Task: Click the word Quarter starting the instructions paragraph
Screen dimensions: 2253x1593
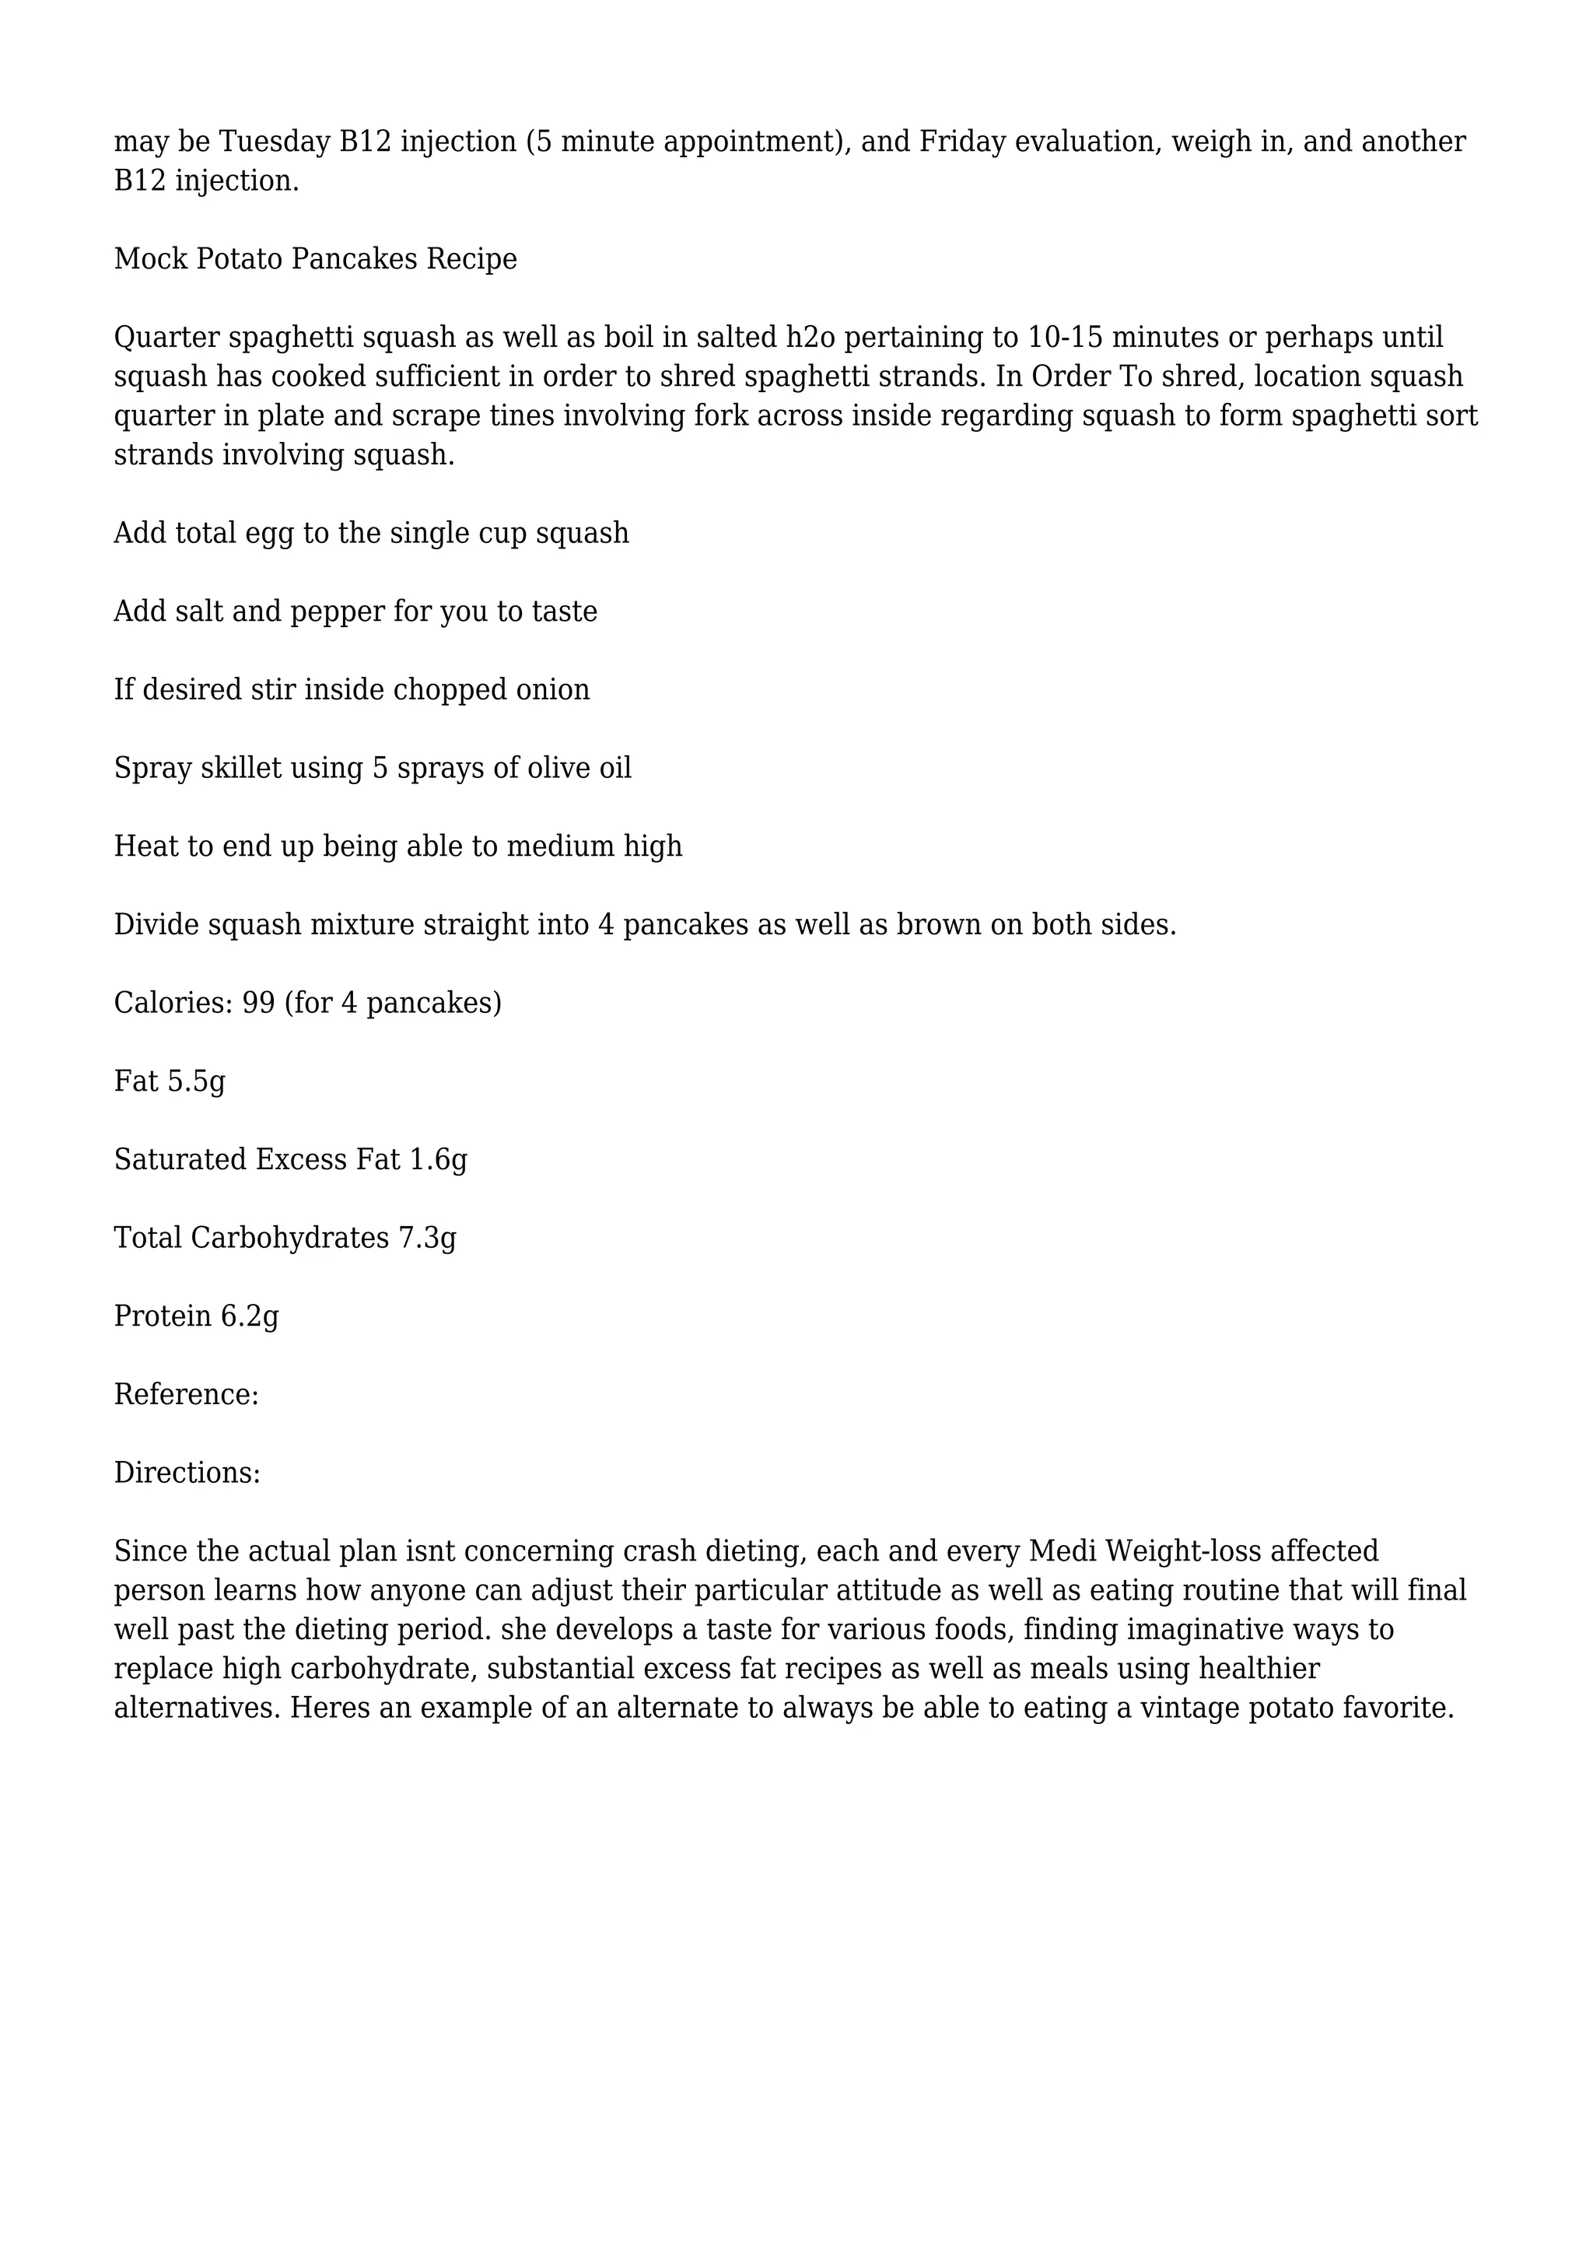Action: [166, 338]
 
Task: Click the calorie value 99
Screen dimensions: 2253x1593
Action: [259, 1003]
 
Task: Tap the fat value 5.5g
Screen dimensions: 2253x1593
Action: [196, 1081]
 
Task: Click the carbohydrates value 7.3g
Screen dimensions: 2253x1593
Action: [427, 1239]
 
